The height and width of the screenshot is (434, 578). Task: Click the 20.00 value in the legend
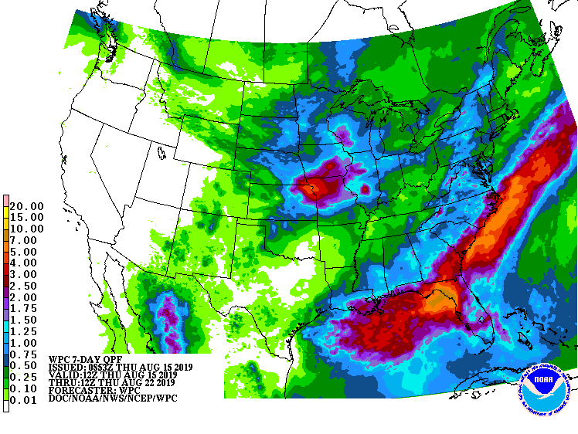[28, 206]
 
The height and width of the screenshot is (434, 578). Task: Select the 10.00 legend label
[28, 229]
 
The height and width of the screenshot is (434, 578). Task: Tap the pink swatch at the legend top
[6, 201]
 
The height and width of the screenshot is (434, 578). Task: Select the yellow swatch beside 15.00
[6, 218]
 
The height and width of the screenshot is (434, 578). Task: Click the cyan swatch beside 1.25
[6, 330]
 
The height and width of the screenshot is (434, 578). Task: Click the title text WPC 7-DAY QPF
[86, 359]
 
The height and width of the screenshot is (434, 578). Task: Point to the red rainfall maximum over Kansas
[319, 186]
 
